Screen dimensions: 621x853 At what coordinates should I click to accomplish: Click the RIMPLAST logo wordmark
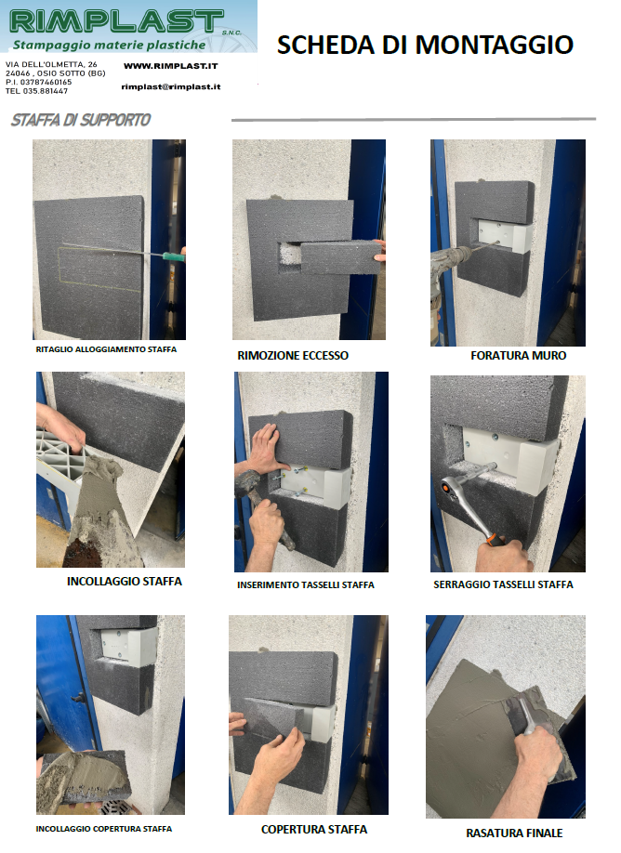click(116, 20)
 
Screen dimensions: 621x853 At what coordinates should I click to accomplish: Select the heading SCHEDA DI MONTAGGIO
click(425, 45)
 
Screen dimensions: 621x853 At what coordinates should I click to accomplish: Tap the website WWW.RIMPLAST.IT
click(170, 66)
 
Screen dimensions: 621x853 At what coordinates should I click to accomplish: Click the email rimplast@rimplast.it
click(171, 86)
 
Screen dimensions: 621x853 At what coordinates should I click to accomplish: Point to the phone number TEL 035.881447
click(36, 91)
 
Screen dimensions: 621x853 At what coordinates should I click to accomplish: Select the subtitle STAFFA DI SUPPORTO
click(81, 120)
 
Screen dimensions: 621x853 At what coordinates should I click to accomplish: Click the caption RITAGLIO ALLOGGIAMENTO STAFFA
click(106, 349)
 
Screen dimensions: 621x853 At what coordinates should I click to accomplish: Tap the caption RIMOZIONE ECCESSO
click(293, 355)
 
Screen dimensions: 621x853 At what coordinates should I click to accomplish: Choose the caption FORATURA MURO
click(518, 355)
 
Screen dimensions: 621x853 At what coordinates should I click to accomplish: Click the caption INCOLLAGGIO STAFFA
click(124, 581)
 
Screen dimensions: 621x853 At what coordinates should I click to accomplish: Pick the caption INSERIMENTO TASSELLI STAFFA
click(305, 584)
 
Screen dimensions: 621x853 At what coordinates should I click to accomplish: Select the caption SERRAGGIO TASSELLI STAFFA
click(503, 584)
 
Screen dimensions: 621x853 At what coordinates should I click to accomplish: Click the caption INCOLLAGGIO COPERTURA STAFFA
click(104, 829)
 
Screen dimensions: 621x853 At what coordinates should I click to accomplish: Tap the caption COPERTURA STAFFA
click(314, 829)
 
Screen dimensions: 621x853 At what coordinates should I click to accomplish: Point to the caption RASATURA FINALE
click(514, 833)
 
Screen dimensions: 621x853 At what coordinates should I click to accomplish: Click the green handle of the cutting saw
click(174, 255)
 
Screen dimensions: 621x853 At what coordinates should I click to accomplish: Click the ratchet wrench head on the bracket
click(450, 482)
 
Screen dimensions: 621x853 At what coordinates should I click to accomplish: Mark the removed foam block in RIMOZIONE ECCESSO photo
click(340, 258)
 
